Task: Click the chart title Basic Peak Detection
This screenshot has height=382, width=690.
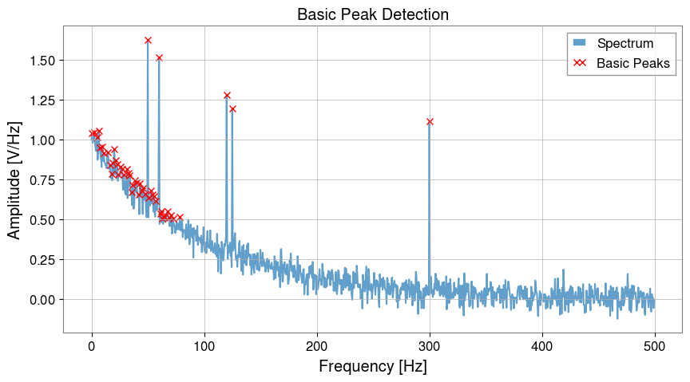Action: point(372,14)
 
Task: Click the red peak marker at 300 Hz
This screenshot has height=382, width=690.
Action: point(430,121)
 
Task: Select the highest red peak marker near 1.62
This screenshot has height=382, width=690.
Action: point(148,40)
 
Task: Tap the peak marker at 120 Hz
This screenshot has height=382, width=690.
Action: point(227,95)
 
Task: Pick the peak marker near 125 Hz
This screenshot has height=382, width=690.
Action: point(232,108)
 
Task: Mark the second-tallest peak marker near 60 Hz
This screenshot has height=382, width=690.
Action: point(159,57)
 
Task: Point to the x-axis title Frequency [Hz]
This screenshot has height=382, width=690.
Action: point(372,367)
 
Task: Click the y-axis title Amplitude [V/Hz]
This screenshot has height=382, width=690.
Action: point(14,179)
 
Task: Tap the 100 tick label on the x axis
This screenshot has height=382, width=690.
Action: point(204,345)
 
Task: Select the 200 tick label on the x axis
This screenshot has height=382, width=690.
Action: point(317,345)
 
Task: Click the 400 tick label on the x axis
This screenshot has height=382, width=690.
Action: point(542,345)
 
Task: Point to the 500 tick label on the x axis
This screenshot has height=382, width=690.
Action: point(655,345)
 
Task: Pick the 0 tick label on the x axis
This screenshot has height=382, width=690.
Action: point(92,345)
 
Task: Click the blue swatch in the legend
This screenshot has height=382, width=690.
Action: point(580,43)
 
